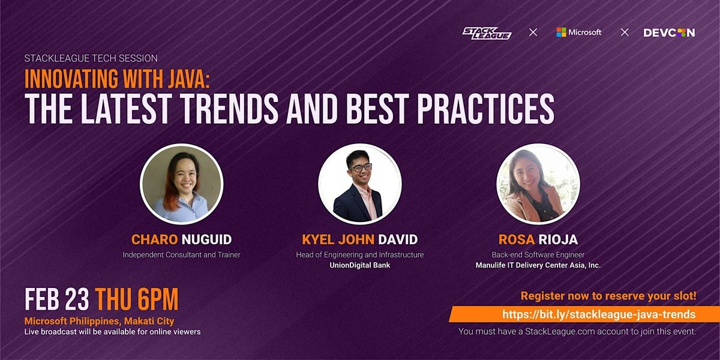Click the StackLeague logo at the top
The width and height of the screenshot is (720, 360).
point(487,33)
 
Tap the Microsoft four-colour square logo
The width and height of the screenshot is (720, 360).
point(561,32)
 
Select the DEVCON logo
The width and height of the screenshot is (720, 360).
point(669,33)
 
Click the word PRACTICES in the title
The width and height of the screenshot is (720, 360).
point(485,109)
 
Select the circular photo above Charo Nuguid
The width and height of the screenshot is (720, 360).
point(182,184)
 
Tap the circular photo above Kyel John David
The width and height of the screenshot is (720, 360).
point(359,184)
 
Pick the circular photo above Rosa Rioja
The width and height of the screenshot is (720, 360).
point(538,184)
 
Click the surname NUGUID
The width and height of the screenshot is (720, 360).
point(206,239)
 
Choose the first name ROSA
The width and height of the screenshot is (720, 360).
point(517,239)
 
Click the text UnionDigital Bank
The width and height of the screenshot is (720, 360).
point(359,265)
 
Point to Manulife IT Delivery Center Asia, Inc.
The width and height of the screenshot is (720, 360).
point(538,265)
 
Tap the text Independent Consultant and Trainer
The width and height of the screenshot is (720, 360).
point(182,255)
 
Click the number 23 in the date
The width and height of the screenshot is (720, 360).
point(77,299)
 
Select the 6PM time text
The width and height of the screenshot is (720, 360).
point(158,299)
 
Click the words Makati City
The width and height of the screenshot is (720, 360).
point(149,321)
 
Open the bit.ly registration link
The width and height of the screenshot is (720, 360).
point(599,314)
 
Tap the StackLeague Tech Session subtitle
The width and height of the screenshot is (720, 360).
point(91,58)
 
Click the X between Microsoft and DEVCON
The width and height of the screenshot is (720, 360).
point(625,32)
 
